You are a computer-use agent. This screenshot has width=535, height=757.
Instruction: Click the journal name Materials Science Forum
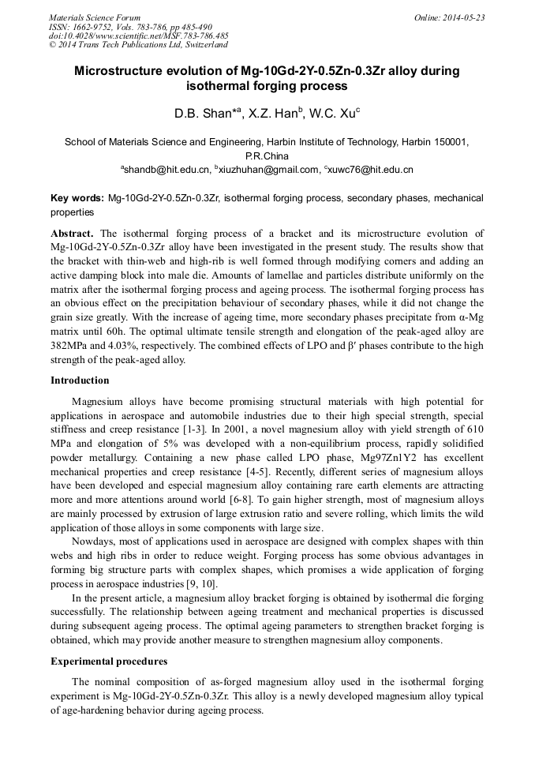tap(95, 17)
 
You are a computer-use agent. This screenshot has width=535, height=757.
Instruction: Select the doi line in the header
tap(138, 36)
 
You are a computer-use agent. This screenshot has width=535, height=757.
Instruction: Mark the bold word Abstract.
tap(73, 234)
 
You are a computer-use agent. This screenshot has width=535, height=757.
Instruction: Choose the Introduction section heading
tap(80, 380)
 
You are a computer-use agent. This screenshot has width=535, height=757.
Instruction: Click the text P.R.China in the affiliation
tap(267, 156)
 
